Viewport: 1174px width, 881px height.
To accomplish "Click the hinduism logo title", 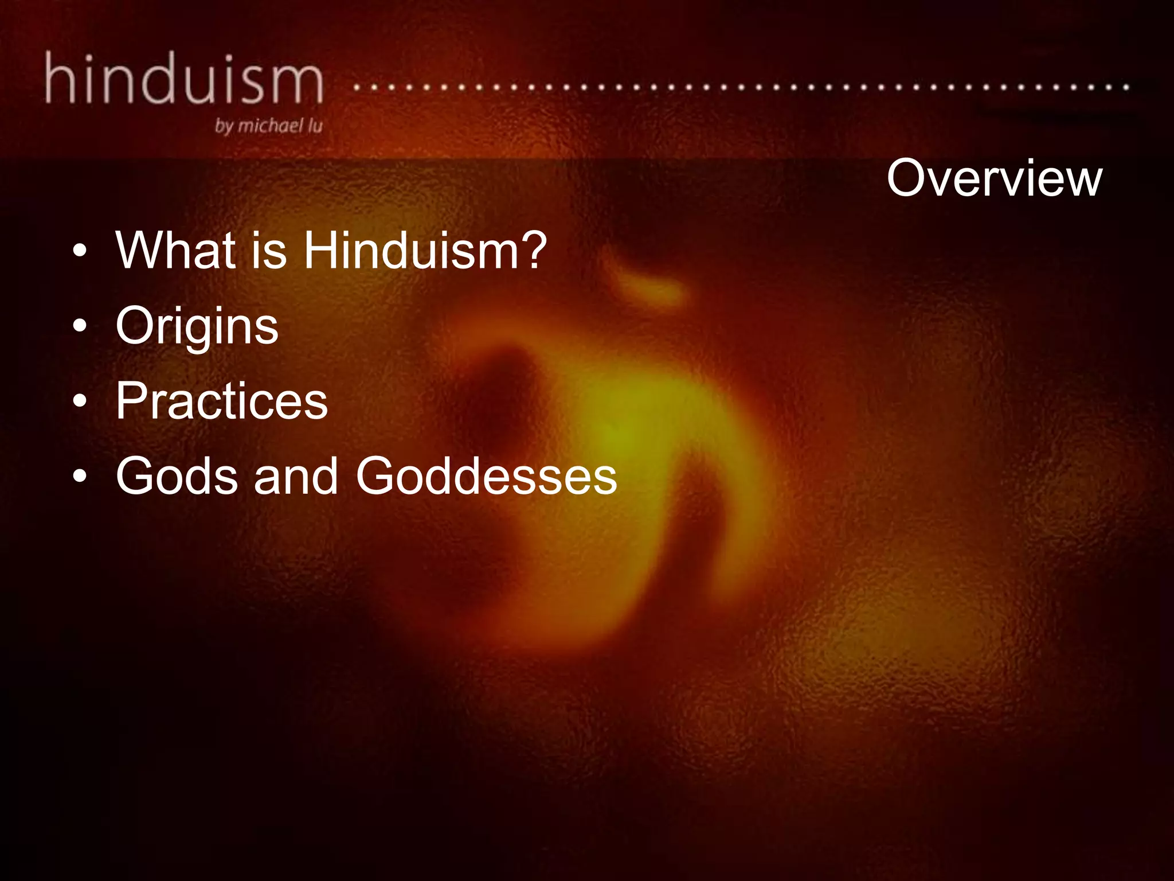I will point(183,79).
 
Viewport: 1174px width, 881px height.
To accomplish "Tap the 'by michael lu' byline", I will point(268,126).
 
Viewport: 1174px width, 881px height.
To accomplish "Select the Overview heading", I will point(994,178).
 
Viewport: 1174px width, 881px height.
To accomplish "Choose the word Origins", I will point(197,326).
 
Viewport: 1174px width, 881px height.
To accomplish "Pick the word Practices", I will point(221,401).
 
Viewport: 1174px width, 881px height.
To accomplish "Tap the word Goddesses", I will point(486,476).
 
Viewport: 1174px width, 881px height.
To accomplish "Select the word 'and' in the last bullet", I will point(296,476).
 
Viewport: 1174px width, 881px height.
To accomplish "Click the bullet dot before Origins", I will point(80,326).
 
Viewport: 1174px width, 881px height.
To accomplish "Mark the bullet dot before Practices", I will point(80,401).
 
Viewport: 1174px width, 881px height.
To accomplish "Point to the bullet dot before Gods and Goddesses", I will point(80,476).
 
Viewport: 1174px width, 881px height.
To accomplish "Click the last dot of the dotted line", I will point(1126,88).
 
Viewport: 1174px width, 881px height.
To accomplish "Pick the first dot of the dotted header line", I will point(357,88).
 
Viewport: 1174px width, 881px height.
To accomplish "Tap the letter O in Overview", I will point(909,178).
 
